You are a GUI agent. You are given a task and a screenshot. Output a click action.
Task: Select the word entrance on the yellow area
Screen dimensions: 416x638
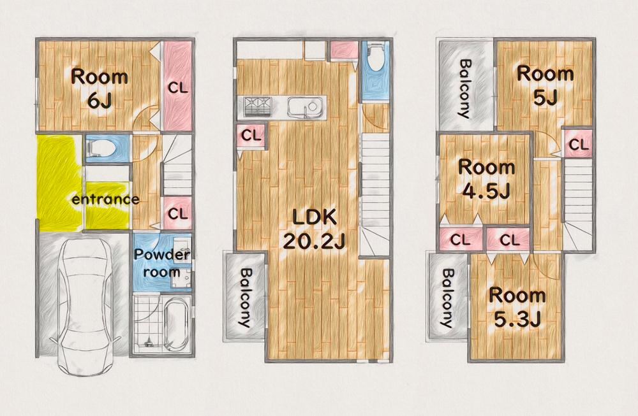point(105,199)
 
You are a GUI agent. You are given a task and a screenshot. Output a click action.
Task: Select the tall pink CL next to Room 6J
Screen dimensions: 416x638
point(178,88)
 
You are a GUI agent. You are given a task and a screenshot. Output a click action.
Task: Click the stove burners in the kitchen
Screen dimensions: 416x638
point(256,106)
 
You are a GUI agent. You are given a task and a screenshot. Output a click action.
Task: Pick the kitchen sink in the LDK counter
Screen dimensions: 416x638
point(304,106)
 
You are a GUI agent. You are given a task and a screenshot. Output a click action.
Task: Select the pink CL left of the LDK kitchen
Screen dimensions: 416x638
point(252,135)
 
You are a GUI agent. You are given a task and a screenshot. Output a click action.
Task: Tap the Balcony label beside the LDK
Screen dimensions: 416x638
point(243,297)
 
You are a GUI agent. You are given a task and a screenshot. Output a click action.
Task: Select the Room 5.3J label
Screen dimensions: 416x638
point(517,307)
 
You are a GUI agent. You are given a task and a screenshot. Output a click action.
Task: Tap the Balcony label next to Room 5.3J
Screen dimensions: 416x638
point(447,298)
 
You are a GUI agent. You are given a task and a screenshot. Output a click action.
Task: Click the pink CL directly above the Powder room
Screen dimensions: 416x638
point(179,213)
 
